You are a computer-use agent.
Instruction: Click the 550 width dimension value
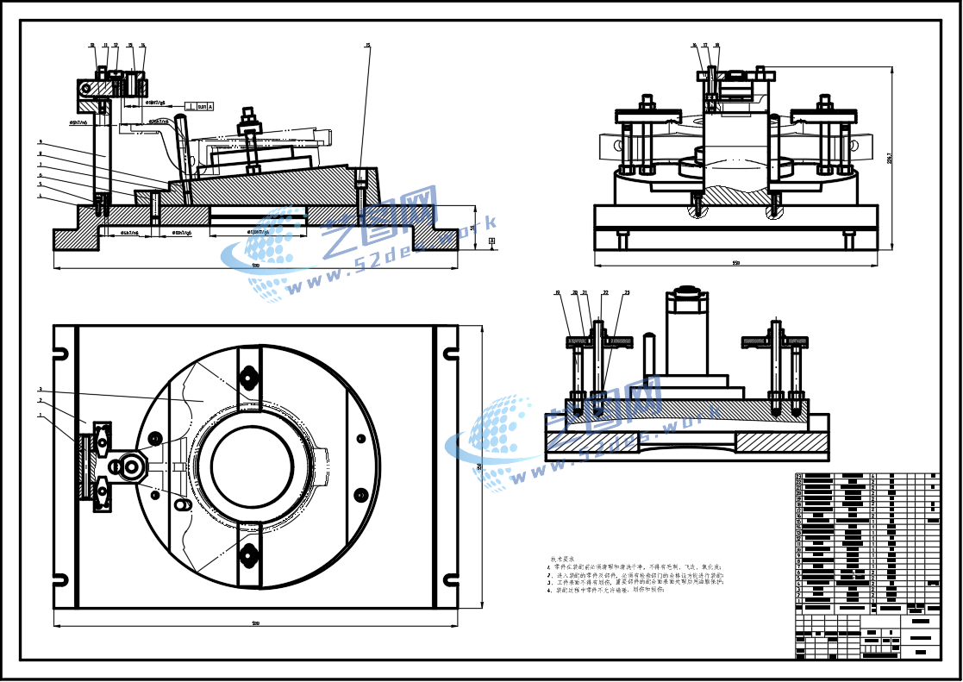point(735,262)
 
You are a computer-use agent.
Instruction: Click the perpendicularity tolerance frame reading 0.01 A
point(199,106)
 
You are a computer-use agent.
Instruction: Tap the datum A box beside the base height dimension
point(491,242)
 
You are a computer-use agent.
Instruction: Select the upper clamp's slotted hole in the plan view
point(250,376)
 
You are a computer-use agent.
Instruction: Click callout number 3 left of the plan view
point(40,390)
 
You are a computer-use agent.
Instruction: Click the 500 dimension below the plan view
point(255,623)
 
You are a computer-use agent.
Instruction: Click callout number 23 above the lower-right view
point(627,293)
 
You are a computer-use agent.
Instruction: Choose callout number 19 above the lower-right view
point(558,293)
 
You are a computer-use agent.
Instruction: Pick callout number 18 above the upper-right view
point(716,45)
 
